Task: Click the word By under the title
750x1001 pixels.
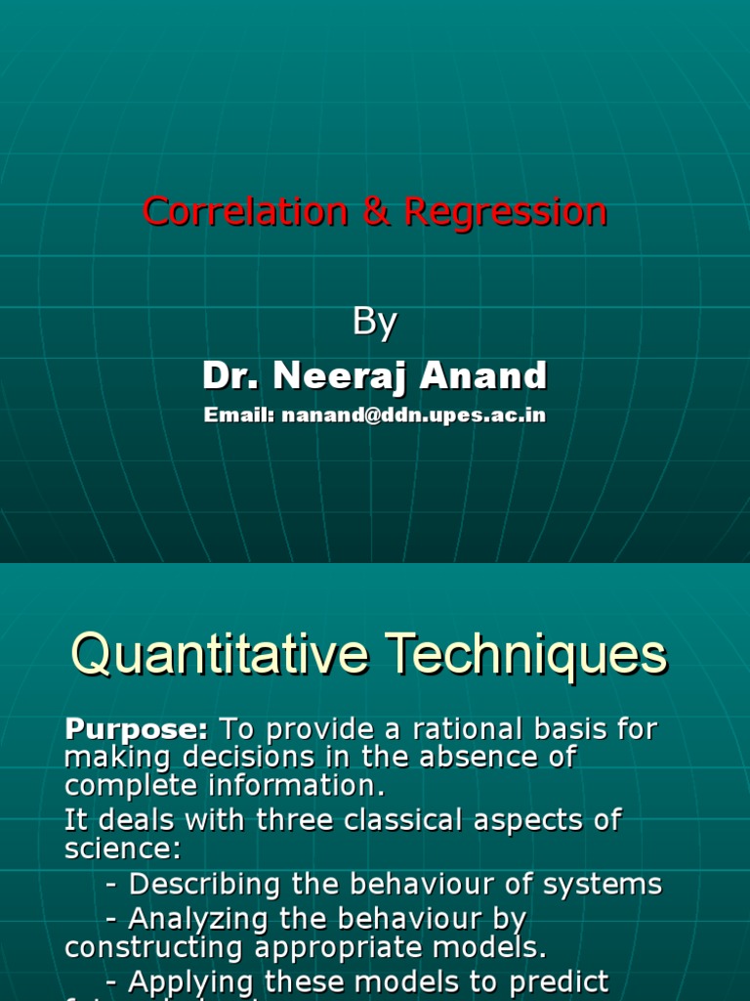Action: click(x=374, y=323)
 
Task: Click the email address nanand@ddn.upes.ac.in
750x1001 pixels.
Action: click(x=413, y=415)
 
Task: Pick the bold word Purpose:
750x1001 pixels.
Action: click(x=137, y=728)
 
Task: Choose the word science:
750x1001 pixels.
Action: click(x=123, y=849)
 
